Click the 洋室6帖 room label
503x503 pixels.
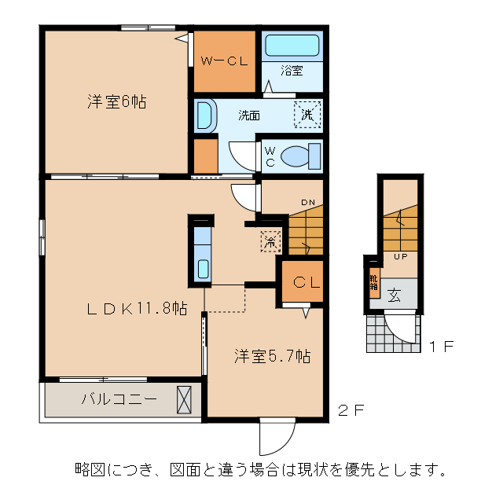coord(116,101)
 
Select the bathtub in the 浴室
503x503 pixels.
coord(292,46)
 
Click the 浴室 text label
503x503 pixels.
coord(292,72)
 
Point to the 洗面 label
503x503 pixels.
coord(250,115)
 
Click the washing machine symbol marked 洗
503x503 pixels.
coord(307,115)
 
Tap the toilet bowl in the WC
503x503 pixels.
coord(298,156)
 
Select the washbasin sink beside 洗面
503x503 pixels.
coord(204,116)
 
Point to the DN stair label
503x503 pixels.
coord(307,203)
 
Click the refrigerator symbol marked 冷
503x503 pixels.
coord(270,242)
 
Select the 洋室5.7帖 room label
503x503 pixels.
coord(271,356)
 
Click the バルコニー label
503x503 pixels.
coord(119,398)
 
